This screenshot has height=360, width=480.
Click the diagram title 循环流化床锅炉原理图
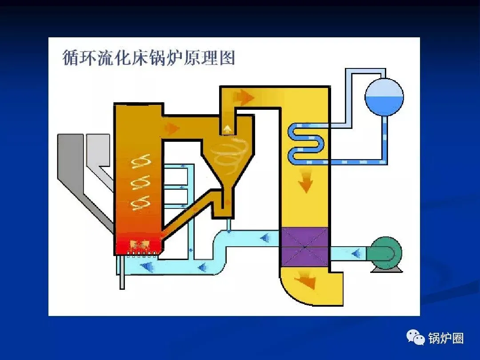point(148,58)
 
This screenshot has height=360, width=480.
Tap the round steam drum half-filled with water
point(384,97)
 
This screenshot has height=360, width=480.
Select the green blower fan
point(385,254)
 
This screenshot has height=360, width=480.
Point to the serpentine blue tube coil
point(307,142)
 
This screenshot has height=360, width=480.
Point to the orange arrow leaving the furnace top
point(171,128)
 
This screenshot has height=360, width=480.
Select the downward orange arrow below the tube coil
point(305,183)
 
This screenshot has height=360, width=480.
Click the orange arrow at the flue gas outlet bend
point(307,280)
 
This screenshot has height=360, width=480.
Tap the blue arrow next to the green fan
point(355,254)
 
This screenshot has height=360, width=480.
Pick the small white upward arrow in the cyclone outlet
point(228,129)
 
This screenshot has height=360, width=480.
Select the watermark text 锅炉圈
point(446,338)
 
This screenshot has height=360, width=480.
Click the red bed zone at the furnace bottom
point(138,244)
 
